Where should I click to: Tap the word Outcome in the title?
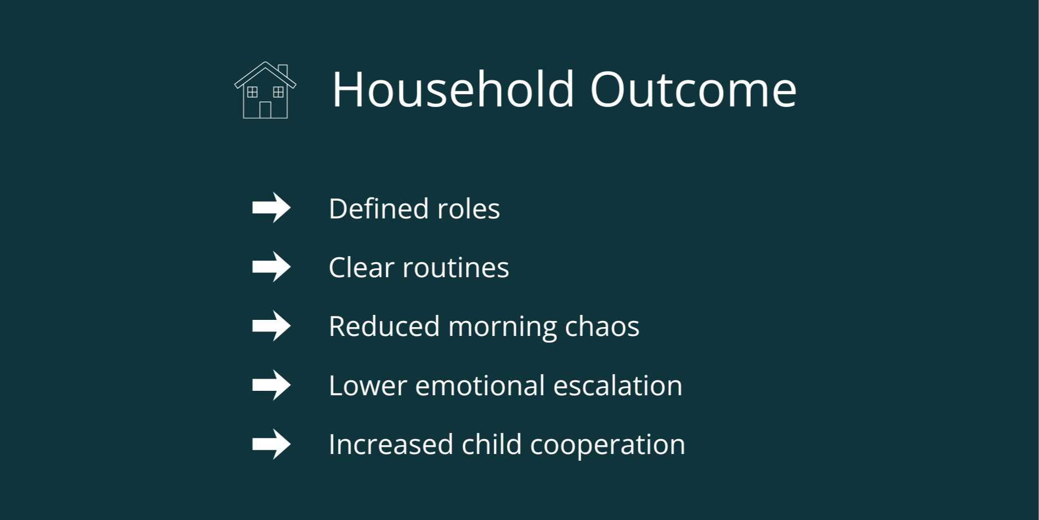(x=693, y=89)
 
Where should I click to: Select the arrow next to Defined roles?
(x=272, y=208)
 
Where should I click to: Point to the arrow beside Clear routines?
(x=272, y=267)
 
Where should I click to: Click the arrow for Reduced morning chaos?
(x=272, y=325)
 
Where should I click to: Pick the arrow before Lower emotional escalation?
(x=272, y=385)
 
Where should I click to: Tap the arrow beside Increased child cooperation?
(x=272, y=444)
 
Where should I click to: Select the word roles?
(x=469, y=209)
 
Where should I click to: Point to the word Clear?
(x=361, y=268)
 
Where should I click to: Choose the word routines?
(x=455, y=268)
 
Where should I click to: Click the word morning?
(x=502, y=327)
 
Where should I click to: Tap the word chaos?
(x=602, y=327)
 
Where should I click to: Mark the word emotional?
(x=480, y=385)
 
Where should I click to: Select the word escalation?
(x=618, y=385)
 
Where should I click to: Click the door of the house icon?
(x=265, y=110)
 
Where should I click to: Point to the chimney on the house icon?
(x=283, y=70)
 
